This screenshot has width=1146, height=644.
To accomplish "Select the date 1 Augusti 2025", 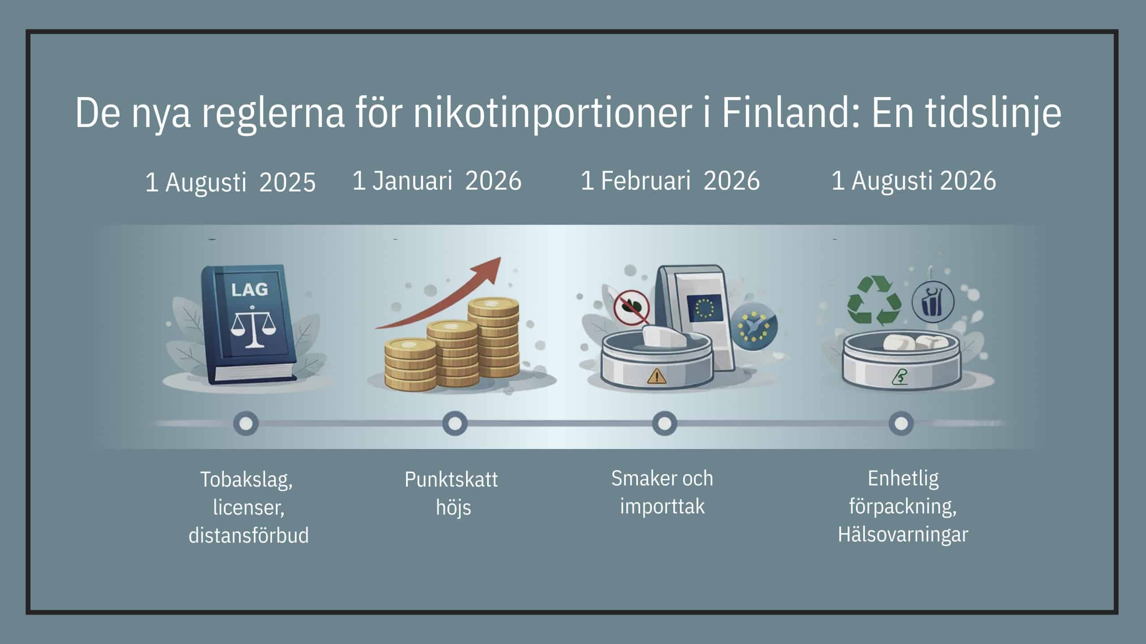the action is pyautogui.click(x=231, y=182).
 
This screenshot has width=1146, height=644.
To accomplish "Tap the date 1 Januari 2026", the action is pyautogui.click(x=437, y=181).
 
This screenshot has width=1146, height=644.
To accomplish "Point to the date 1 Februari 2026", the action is pyautogui.click(x=670, y=181).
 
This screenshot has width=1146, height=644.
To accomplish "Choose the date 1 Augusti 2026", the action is pyautogui.click(x=914, y=181).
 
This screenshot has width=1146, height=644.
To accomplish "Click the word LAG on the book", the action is pyautogui.click(x=249, y=289).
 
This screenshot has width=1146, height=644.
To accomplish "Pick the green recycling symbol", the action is pyautogui.click(x=874, y=300).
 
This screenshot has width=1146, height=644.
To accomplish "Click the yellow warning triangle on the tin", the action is pyautogui.click(x=656, y=376).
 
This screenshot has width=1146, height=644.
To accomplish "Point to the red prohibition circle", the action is pyautogui.click(x=632, y=307).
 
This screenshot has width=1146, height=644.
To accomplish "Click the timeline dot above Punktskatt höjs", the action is pyautogui.click(x=455, y=424).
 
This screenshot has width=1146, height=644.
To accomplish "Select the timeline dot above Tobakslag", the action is pyautogui.click(x=246, y=424).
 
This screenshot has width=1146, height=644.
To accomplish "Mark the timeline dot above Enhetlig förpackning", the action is pyautogui.click(x=901, y=424).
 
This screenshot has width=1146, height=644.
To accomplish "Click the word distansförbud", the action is pyautogui.click(x=249, y=535).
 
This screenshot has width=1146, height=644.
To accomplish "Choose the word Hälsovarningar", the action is pyautogui.click(x=903, y=535).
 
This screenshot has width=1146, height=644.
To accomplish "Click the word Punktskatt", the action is pyautogui.click(x=451, y=480).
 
